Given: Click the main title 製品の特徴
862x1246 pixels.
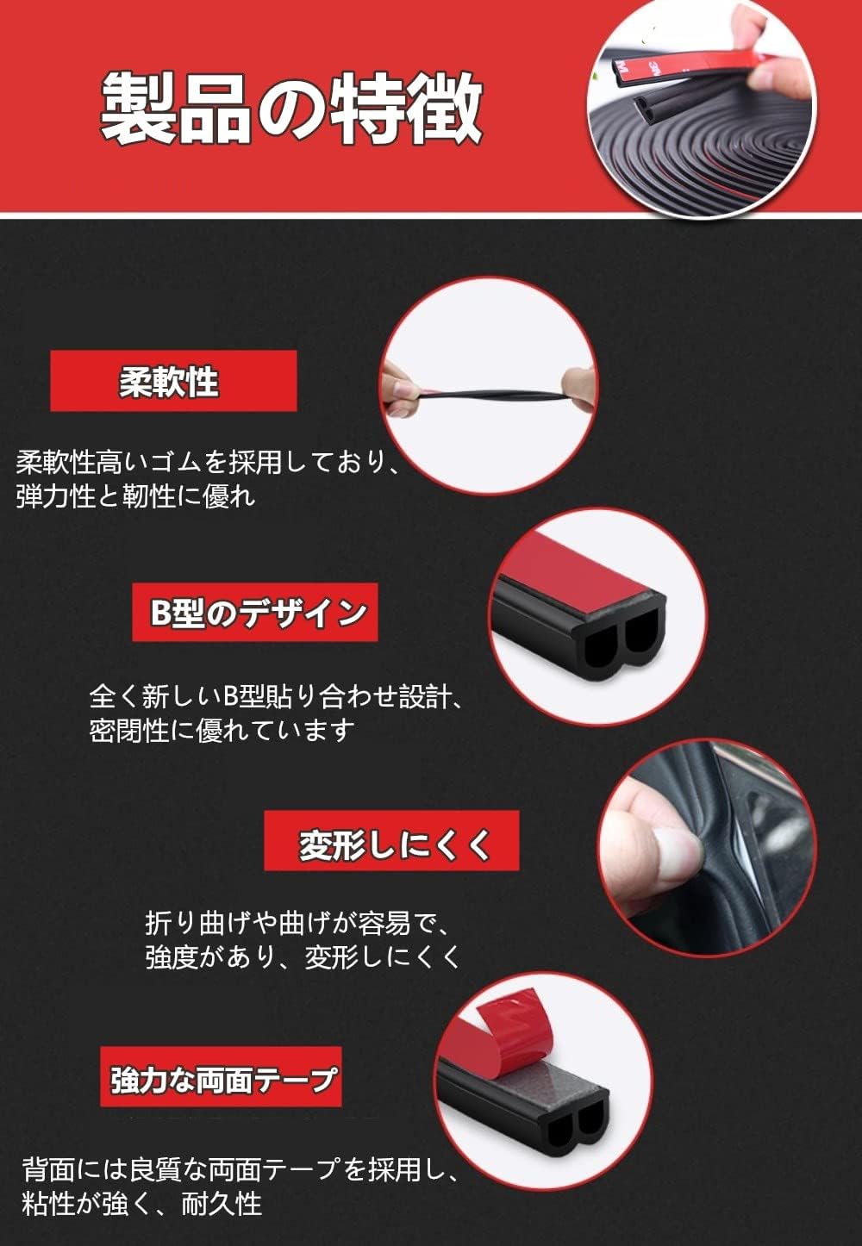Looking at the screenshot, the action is point(290,108).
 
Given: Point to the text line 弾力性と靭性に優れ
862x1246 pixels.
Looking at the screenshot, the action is point(136,495).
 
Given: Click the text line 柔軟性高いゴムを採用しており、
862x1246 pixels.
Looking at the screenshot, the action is point(208,463).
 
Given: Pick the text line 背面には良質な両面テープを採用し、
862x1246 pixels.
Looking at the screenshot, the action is point(241,1170).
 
